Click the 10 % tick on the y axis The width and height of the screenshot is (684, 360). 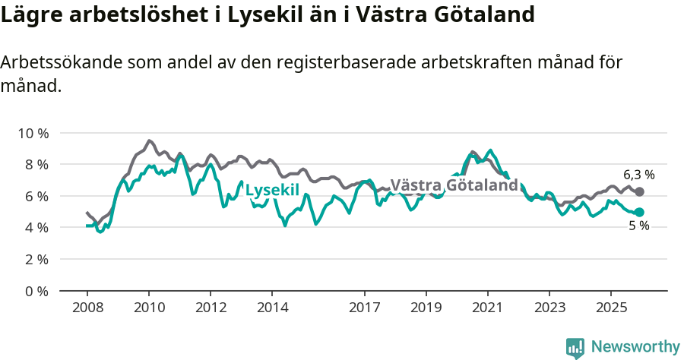click(x=32, y=133)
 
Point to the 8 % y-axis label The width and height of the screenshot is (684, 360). click(x=35, y=165)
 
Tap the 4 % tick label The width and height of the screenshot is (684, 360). click(x=35, y=227)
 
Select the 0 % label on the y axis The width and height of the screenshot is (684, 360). click(x=35, y=291)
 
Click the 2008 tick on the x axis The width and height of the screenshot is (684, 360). click(x=87, y=307)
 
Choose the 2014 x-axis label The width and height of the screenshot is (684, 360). click(x=272, y=307)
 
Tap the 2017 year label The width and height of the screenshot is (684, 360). click(x=365, y=307)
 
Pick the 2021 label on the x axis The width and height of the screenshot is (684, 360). click(x=487, y=307)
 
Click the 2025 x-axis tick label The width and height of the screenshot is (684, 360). click(x=610, y=307)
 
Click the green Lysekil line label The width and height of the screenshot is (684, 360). click(x=272, y=190)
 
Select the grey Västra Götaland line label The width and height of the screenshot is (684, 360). click(x=454, y=185)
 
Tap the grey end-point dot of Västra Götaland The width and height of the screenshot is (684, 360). click(x=639, y=192)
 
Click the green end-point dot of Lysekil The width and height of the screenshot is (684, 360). click(x=639, y=213)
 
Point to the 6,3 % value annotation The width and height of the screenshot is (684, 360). click(x=638, y=175)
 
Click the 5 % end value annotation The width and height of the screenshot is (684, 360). click(x=638, y=226)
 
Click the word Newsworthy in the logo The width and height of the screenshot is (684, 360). click(x=635, y=347)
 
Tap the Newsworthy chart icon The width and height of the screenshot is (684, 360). click(x=575, y=348)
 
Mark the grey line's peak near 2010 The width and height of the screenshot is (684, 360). click(x=149, y=141)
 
